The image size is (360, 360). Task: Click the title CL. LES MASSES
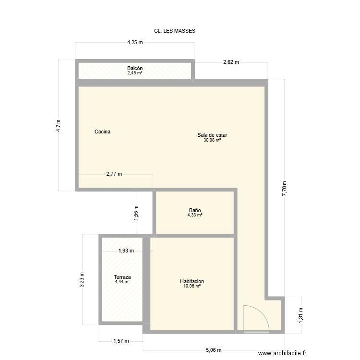(171, 30)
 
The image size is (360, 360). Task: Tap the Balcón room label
(135, 68)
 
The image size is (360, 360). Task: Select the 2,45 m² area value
(135, 73)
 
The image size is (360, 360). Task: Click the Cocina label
(103, 132)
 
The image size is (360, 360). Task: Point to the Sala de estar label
(212, 135)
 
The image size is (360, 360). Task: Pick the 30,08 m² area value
(212, 140)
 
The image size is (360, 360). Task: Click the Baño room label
(195, 210)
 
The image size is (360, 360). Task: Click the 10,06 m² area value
(192, 286)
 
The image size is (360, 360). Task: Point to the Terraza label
(122, 277)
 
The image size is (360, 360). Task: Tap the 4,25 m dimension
(135, 42)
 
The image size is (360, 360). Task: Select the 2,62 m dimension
(231, 62)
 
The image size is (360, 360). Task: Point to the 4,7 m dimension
(59, 125)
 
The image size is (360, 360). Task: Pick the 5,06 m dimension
(214, 351)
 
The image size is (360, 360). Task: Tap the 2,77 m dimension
(114, 174)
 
